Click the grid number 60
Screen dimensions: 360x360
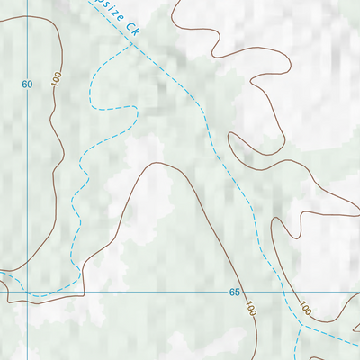pyautogui.click(x=27, y=85)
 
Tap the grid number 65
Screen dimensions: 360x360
pyautogui.click(x=234, y=292)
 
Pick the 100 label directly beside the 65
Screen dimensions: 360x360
pyautogui.click(x=249, y=310)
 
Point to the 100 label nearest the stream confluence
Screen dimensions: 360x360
pyautogui.click(x=306, y=310)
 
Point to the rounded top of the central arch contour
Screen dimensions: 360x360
pyautogui.click(x=159, y=164)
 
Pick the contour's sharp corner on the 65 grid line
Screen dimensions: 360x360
pyautogui.click(x=84, y=292)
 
